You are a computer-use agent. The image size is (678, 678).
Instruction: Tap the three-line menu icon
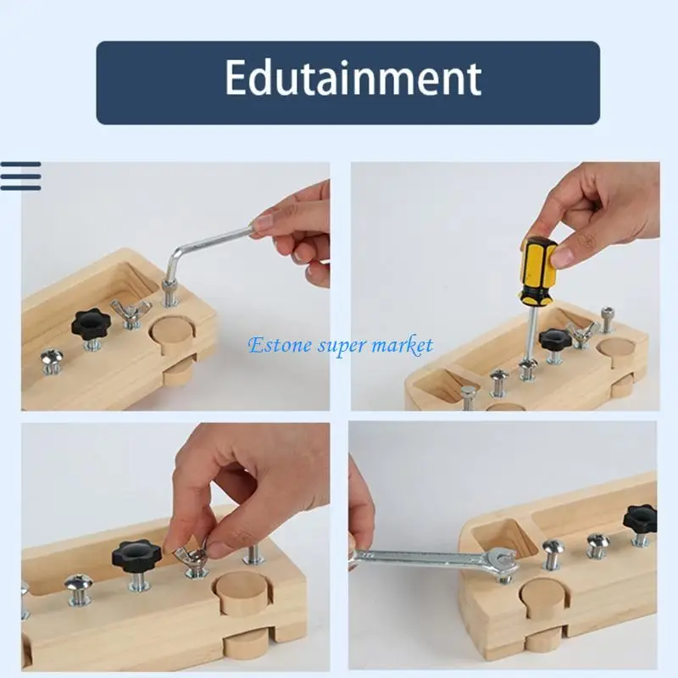tap(20, 176)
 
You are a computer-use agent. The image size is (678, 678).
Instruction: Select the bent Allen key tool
tap(203, 250)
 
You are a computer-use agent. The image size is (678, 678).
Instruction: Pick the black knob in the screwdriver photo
tap(555, 340)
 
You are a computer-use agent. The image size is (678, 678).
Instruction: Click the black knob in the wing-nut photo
tap(136, 555)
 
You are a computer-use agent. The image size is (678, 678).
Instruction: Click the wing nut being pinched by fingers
tap(192, 558)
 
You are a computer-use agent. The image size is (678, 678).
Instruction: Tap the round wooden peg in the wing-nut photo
tap(242, 589)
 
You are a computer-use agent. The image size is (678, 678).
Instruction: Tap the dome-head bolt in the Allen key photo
tap(53, 359)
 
